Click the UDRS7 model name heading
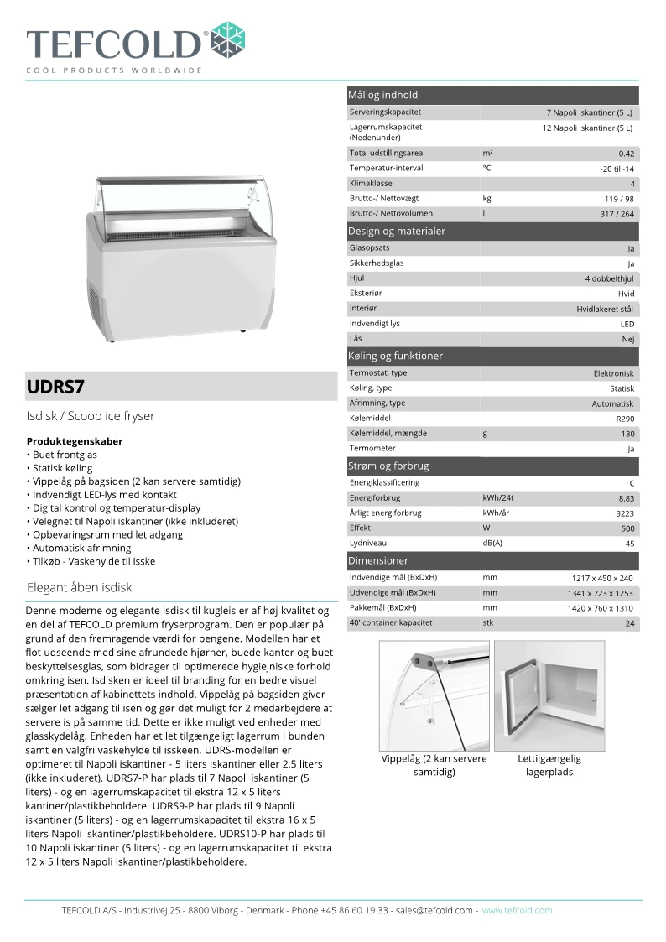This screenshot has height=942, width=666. [55, 388]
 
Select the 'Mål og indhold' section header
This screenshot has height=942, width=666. [382, 95]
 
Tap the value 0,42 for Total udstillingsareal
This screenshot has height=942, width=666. [626, 154]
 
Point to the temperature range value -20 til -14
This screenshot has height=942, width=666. [617, 169]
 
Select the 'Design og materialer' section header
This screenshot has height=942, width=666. [396, 231]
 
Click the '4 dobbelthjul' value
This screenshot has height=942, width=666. [610, 278]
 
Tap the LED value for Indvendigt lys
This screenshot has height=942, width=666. [627, 324]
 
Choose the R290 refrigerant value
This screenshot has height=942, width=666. [625, 419]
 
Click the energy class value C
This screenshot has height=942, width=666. [632, 483]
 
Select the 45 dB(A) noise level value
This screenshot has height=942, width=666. [629, 544]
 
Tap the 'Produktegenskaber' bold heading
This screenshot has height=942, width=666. [75, 441]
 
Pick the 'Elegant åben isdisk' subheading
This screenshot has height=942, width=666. [80, 587]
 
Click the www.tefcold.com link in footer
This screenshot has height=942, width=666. [517, 910]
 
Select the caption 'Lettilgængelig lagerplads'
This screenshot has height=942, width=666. [549, 765]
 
